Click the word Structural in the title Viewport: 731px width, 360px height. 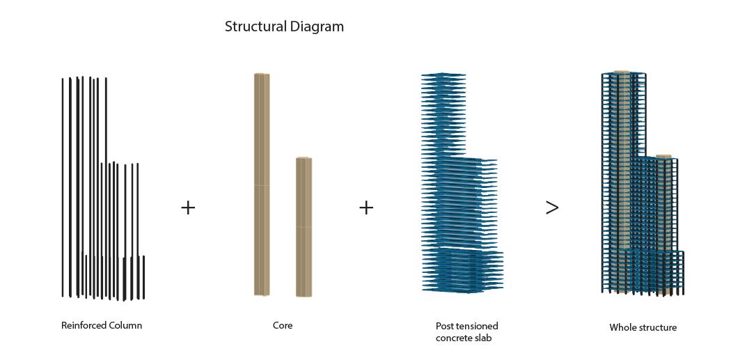256,27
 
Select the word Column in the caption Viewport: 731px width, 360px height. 125,325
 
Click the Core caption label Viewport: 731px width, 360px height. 283,325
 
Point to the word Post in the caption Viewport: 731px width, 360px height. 445,326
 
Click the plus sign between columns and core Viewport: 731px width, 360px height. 188,208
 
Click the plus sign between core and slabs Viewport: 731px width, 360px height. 366,208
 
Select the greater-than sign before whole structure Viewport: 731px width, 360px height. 552,208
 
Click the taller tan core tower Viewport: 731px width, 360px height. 262,185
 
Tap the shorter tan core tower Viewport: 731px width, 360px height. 304,226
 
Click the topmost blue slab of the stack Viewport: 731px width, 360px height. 443,75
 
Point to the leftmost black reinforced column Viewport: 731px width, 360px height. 63,188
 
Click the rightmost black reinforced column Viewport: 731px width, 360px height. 143,277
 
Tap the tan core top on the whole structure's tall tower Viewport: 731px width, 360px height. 621,72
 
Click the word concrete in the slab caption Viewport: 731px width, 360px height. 456,338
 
